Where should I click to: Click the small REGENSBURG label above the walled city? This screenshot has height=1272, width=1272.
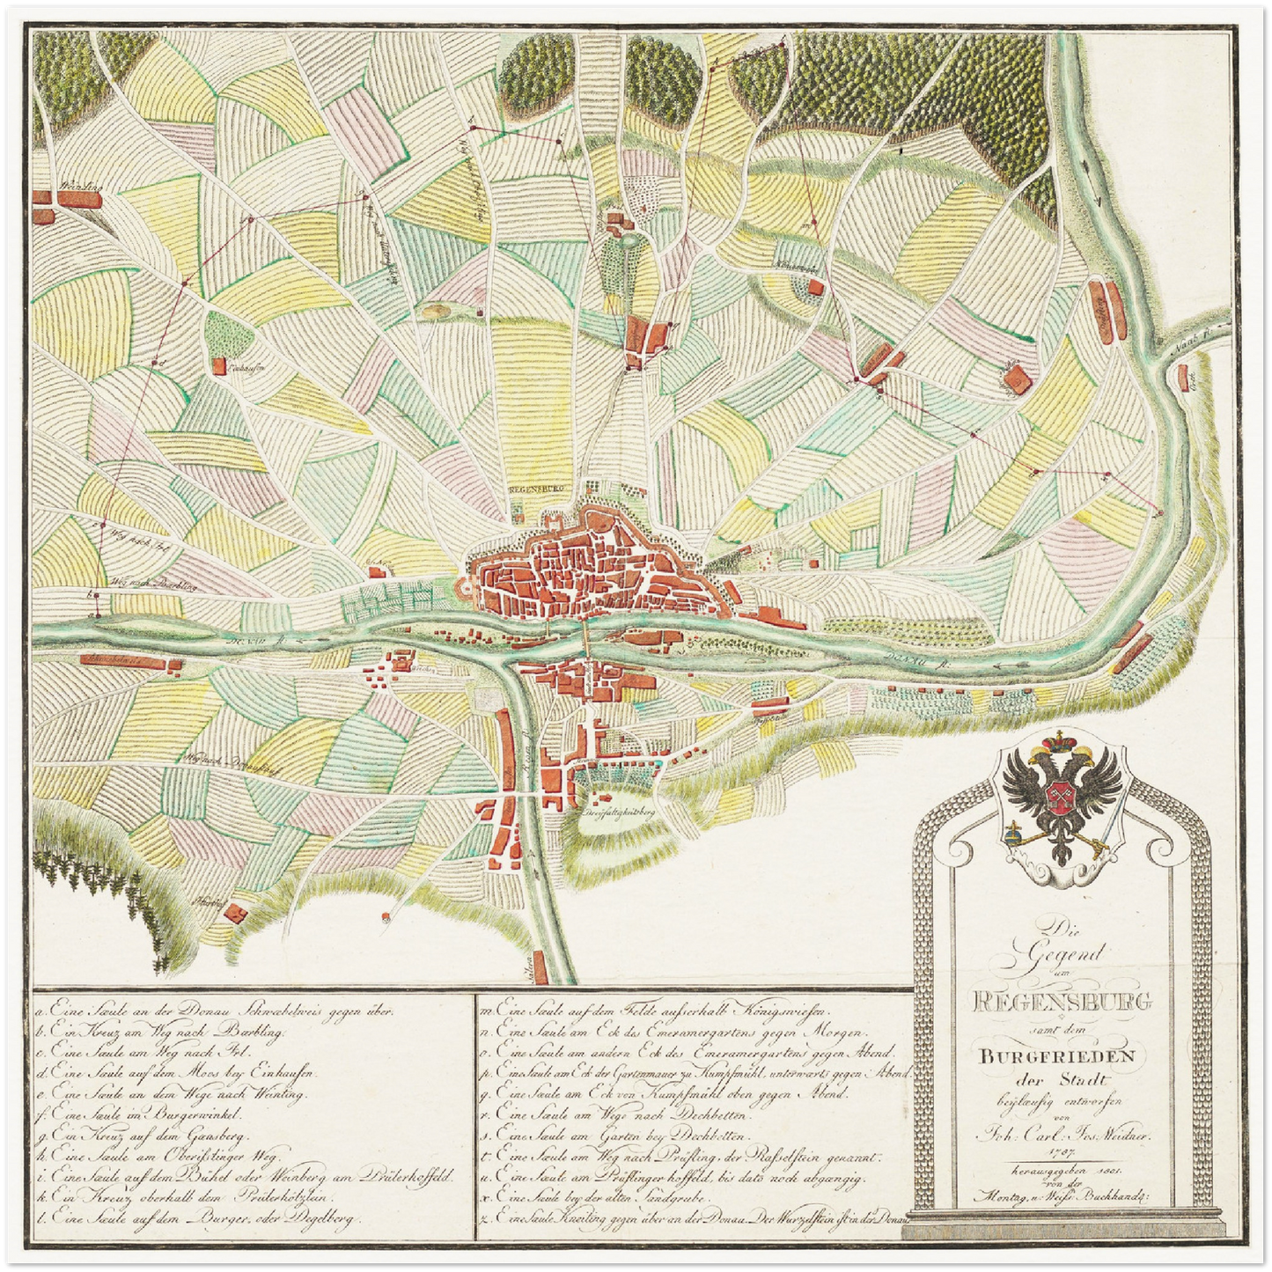535,486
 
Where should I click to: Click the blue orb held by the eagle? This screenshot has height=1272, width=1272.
1015,831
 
